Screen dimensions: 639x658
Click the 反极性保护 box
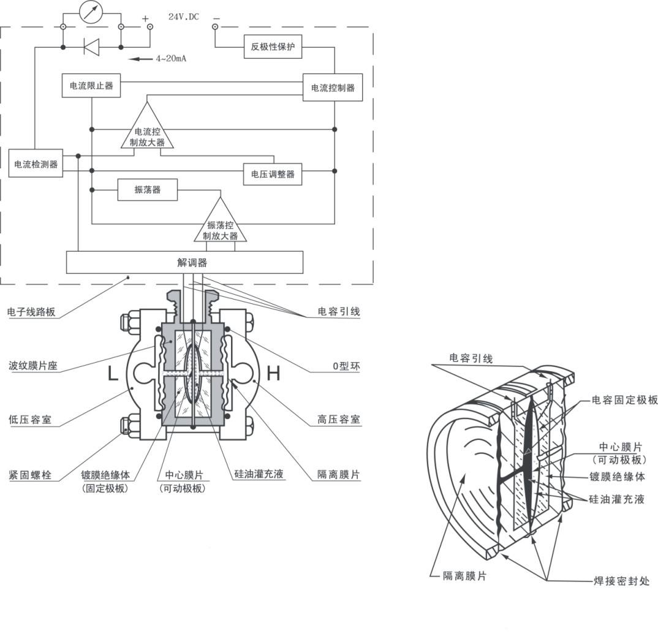coord(273,47)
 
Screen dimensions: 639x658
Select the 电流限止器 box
coord(91,86)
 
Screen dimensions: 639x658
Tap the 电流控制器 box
coord(333,88)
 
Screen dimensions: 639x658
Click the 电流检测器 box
coord(36,164)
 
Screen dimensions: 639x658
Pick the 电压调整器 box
coord(273,174)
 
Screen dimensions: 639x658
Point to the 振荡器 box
coord(148,190)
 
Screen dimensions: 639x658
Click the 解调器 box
coord(184,262)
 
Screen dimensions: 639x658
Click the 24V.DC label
coord(184,17)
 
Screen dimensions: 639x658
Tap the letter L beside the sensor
coord(113,373)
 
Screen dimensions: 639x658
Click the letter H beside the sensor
coord(273,373)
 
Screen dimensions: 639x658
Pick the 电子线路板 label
coord(31,312)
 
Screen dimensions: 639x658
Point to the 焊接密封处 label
coord(621,580)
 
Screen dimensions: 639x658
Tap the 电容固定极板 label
coord(624,400)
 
